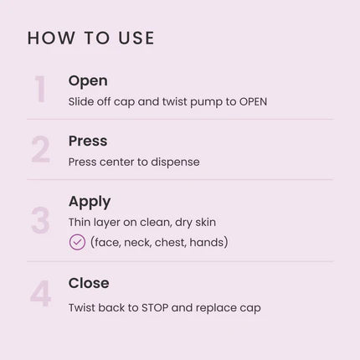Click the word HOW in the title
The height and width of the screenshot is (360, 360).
click(51, 38)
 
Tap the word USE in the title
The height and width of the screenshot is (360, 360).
click(136, 38)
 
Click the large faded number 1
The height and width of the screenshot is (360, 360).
click(40, 90)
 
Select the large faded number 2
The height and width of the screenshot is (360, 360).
click(40, 149)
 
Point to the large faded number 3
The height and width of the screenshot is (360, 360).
click(40, 220)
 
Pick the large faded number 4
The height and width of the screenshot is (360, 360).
click(40, 294)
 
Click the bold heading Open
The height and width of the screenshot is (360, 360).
click(88, 81)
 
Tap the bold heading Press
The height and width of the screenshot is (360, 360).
click(88, 141)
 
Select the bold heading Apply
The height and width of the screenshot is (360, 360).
click(90, 202)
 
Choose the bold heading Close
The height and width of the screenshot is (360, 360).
click(89, 283)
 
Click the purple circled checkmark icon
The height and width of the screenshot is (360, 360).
click(77, 242)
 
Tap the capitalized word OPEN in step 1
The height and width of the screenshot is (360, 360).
click(253, 102)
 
